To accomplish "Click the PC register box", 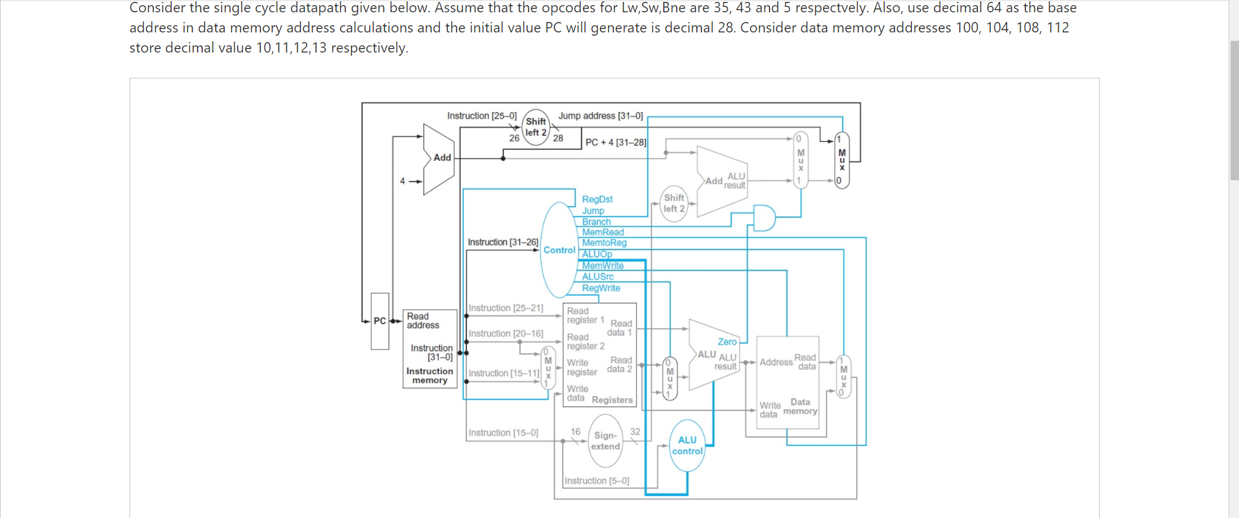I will pos(380,321).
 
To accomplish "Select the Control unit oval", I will pos(558,250).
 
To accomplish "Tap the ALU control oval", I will pos(687,445).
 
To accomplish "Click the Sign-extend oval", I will pos(606,441).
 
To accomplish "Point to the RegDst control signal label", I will pos(597,199).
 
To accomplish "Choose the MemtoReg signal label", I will pos(604,242).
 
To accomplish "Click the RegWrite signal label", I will pos(600,288).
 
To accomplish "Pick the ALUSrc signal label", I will pos(597,276).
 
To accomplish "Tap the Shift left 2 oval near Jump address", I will pos(536,127).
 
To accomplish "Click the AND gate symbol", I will pos(764,218).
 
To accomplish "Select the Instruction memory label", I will pos(429,375).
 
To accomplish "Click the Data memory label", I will pos(800,406).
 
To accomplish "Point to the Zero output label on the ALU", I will pos(727,342).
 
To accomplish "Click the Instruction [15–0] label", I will pos(503,432).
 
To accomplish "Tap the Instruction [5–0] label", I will pos(597,480).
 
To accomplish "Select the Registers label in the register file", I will pos(612,400).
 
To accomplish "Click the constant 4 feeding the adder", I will pos(402,181).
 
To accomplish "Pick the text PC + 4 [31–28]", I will pos(615,142).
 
